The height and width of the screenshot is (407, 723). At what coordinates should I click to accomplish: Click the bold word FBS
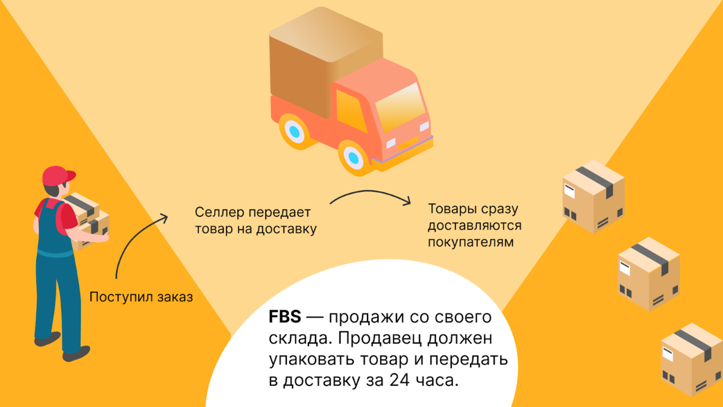[x=287, y=317]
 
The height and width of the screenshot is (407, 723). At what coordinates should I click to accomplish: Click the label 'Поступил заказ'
[x=141, y=297]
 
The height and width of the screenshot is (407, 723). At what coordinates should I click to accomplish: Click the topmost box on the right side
[x=593, y=195]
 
